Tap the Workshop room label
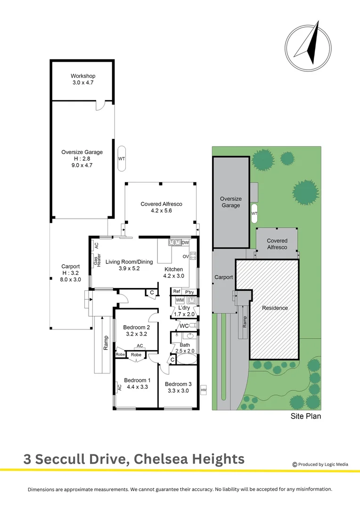click(83, 76)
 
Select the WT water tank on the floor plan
click(121, 159)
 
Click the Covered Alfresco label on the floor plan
click(161, 204)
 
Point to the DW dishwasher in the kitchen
click(185, 243)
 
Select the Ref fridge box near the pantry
click(176, 292)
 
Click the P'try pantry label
click(189, 292)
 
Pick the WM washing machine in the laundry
click(180, 300)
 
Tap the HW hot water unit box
click(204, 390)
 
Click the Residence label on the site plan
click(275, 308)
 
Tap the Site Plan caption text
click(304, 416)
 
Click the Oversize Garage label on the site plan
click(230, 202)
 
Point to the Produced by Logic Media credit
click(320, 464)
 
